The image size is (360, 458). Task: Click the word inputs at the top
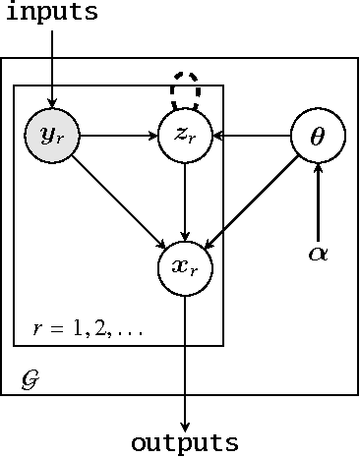click(52, 13)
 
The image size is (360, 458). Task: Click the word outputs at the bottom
click(185, 442)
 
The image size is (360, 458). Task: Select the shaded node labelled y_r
click(52, 136)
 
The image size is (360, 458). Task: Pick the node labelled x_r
click(186, 265)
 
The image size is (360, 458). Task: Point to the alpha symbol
click(317, 254)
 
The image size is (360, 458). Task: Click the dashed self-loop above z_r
click(185, 91)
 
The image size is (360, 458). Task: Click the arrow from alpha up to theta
click(318, 201)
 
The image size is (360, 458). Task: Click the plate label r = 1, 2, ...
click(89, 331)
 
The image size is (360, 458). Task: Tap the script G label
click(30, 378)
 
